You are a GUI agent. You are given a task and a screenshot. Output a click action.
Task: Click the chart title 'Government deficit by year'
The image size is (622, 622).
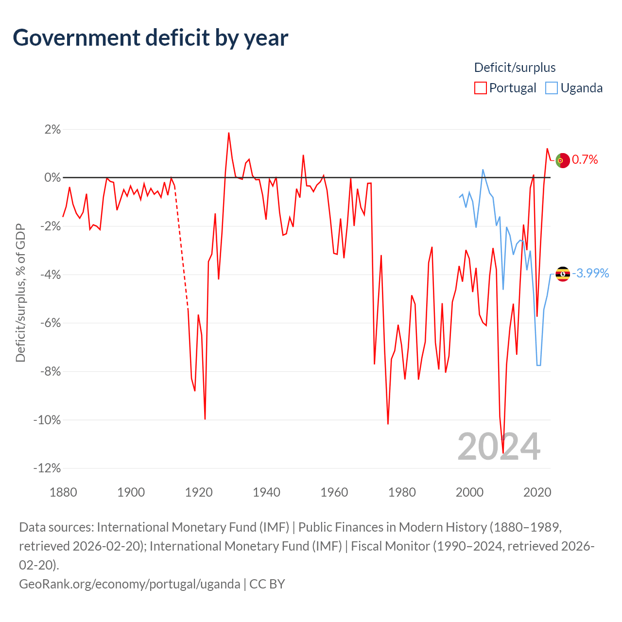click(151, 38)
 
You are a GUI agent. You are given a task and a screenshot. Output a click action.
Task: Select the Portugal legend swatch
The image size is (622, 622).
click(480, 88)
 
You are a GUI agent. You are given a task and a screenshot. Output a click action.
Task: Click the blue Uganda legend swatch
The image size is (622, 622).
click(551, 88)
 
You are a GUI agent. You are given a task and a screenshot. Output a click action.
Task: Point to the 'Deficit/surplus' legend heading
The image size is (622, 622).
click(515, 68)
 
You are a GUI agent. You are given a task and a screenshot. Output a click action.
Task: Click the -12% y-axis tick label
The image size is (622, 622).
click(47, 468)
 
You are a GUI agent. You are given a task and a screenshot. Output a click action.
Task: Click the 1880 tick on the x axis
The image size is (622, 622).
click(63, 492)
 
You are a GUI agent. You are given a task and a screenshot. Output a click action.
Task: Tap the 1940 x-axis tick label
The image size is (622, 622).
click(266, 492)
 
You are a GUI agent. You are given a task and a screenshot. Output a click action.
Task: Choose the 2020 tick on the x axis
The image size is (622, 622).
click(537, 492)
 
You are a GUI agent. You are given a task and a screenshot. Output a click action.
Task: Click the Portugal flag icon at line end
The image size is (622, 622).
click(563, 160)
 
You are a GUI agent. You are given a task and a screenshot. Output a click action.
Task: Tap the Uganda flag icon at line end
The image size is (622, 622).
click(563, 274)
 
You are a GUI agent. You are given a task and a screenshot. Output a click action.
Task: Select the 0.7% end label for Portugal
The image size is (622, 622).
click(585, 160)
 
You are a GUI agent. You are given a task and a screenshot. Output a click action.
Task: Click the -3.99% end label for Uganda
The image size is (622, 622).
click(590, 273)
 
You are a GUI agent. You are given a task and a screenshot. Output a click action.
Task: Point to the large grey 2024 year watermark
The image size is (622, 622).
click(499, 447)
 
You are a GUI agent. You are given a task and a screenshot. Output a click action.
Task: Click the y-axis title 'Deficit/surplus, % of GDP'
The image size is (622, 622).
click(20, 293)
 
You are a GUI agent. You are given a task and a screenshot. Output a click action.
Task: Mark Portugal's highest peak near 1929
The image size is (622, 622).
click(228, 133)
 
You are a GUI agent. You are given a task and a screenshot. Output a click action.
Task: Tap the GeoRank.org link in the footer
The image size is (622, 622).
click(129, 584)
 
